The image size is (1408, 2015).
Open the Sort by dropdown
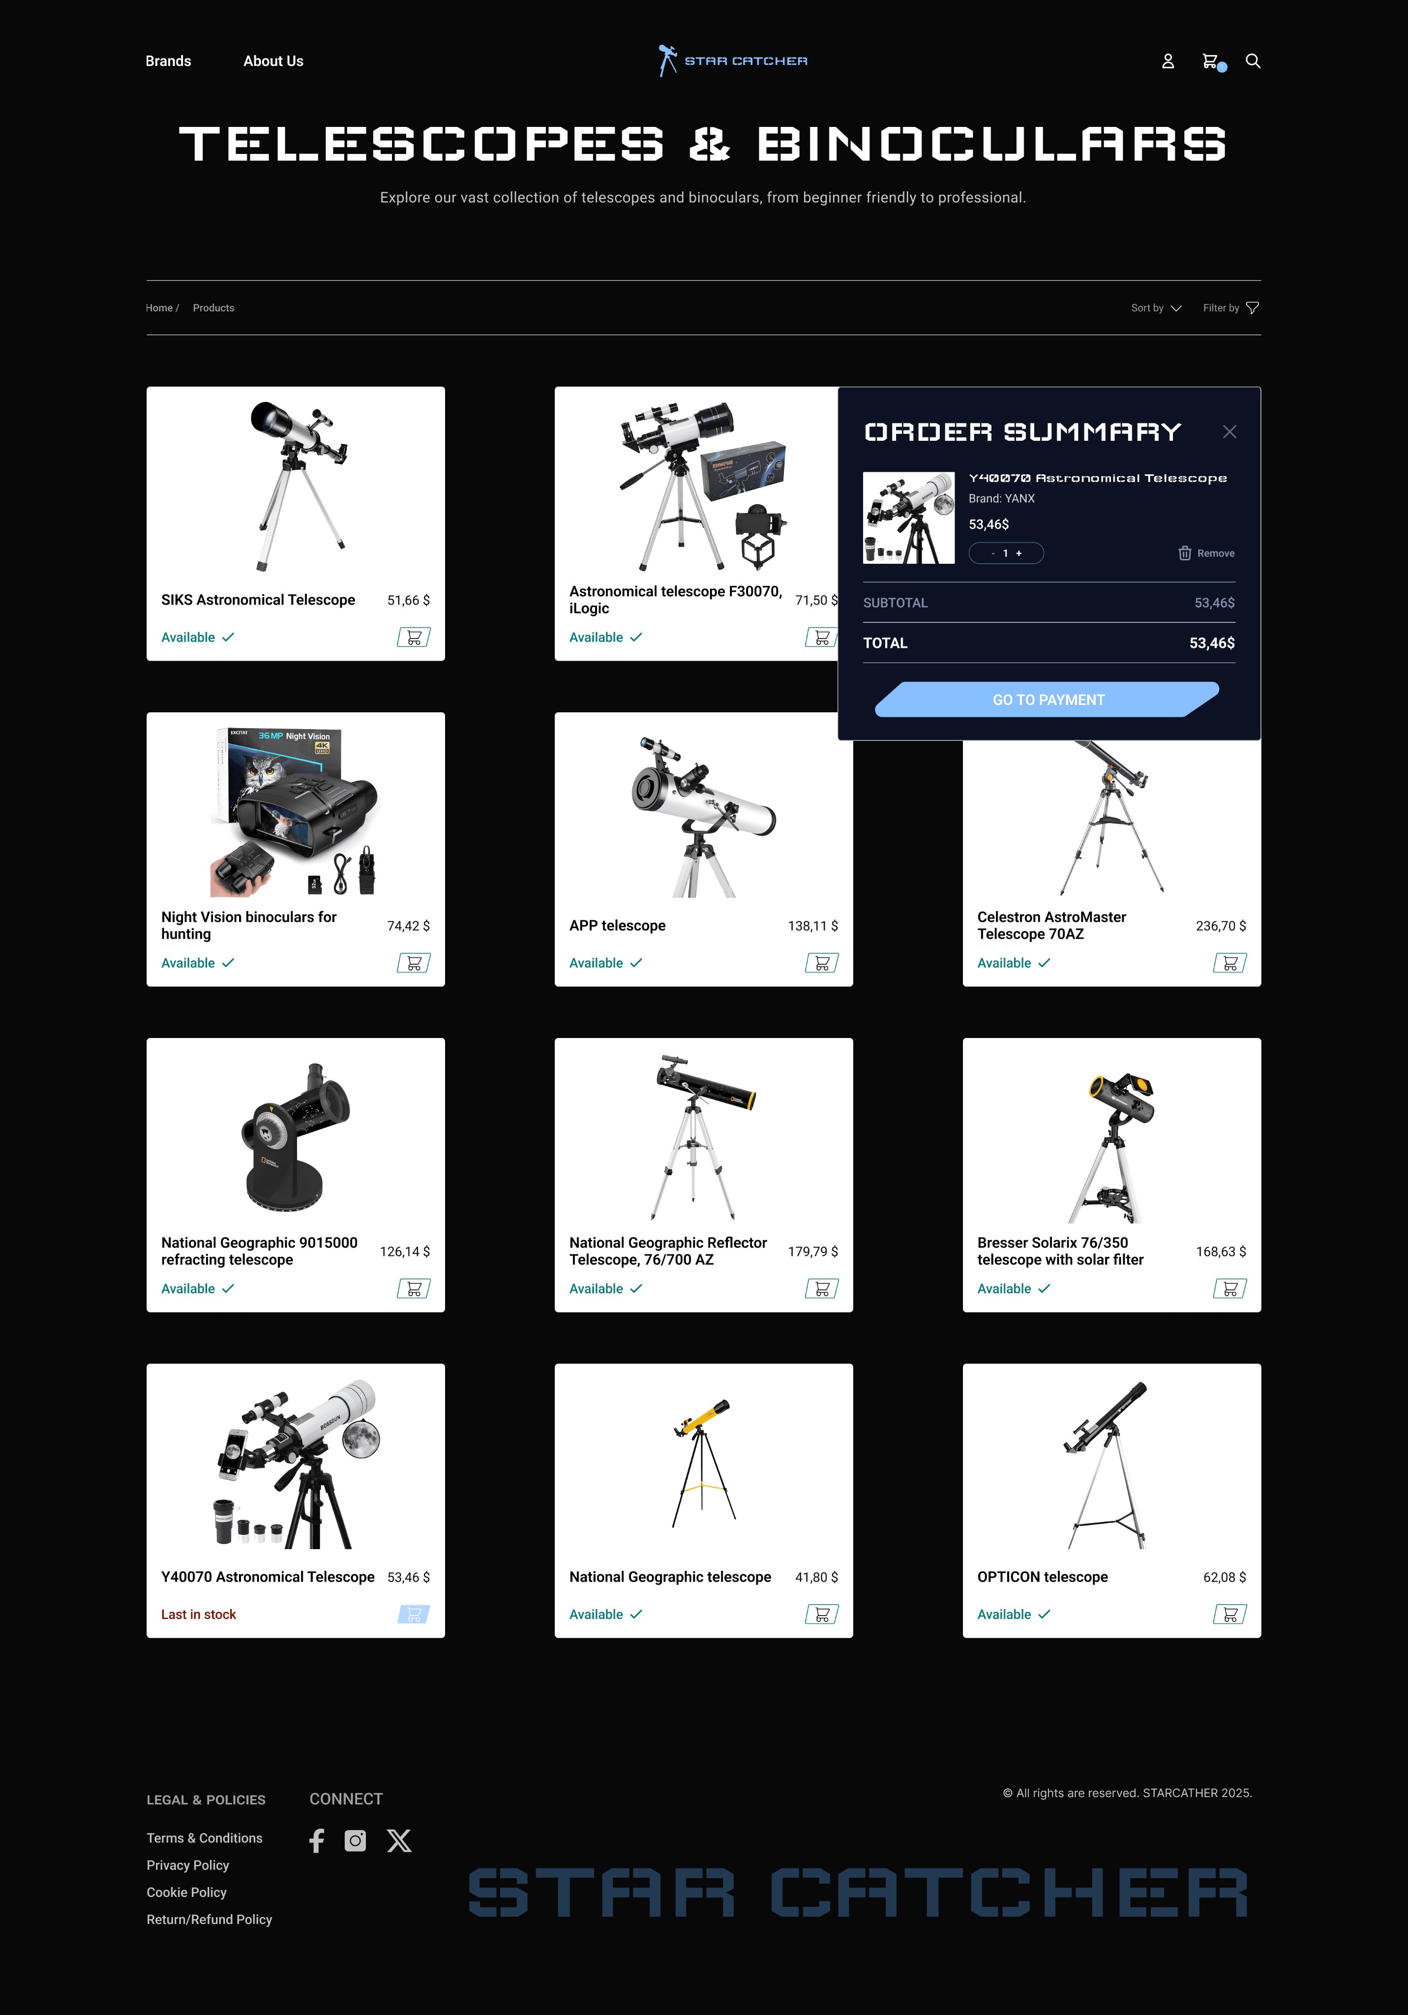(x=1156, y=308)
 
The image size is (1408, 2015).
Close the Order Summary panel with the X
(x=1229, y=432)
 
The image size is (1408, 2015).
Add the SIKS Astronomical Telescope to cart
(x=413, y=637)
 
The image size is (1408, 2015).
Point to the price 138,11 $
(x=812, y=926)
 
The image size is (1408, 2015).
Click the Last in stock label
(x=198, y=1615)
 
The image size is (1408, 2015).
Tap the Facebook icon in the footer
(x=317, y=1840)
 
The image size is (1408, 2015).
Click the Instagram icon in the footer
(x=355, y=1840)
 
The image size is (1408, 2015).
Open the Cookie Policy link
(x=186, y=1892)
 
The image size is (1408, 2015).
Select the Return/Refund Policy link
(x=209, y=1920)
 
